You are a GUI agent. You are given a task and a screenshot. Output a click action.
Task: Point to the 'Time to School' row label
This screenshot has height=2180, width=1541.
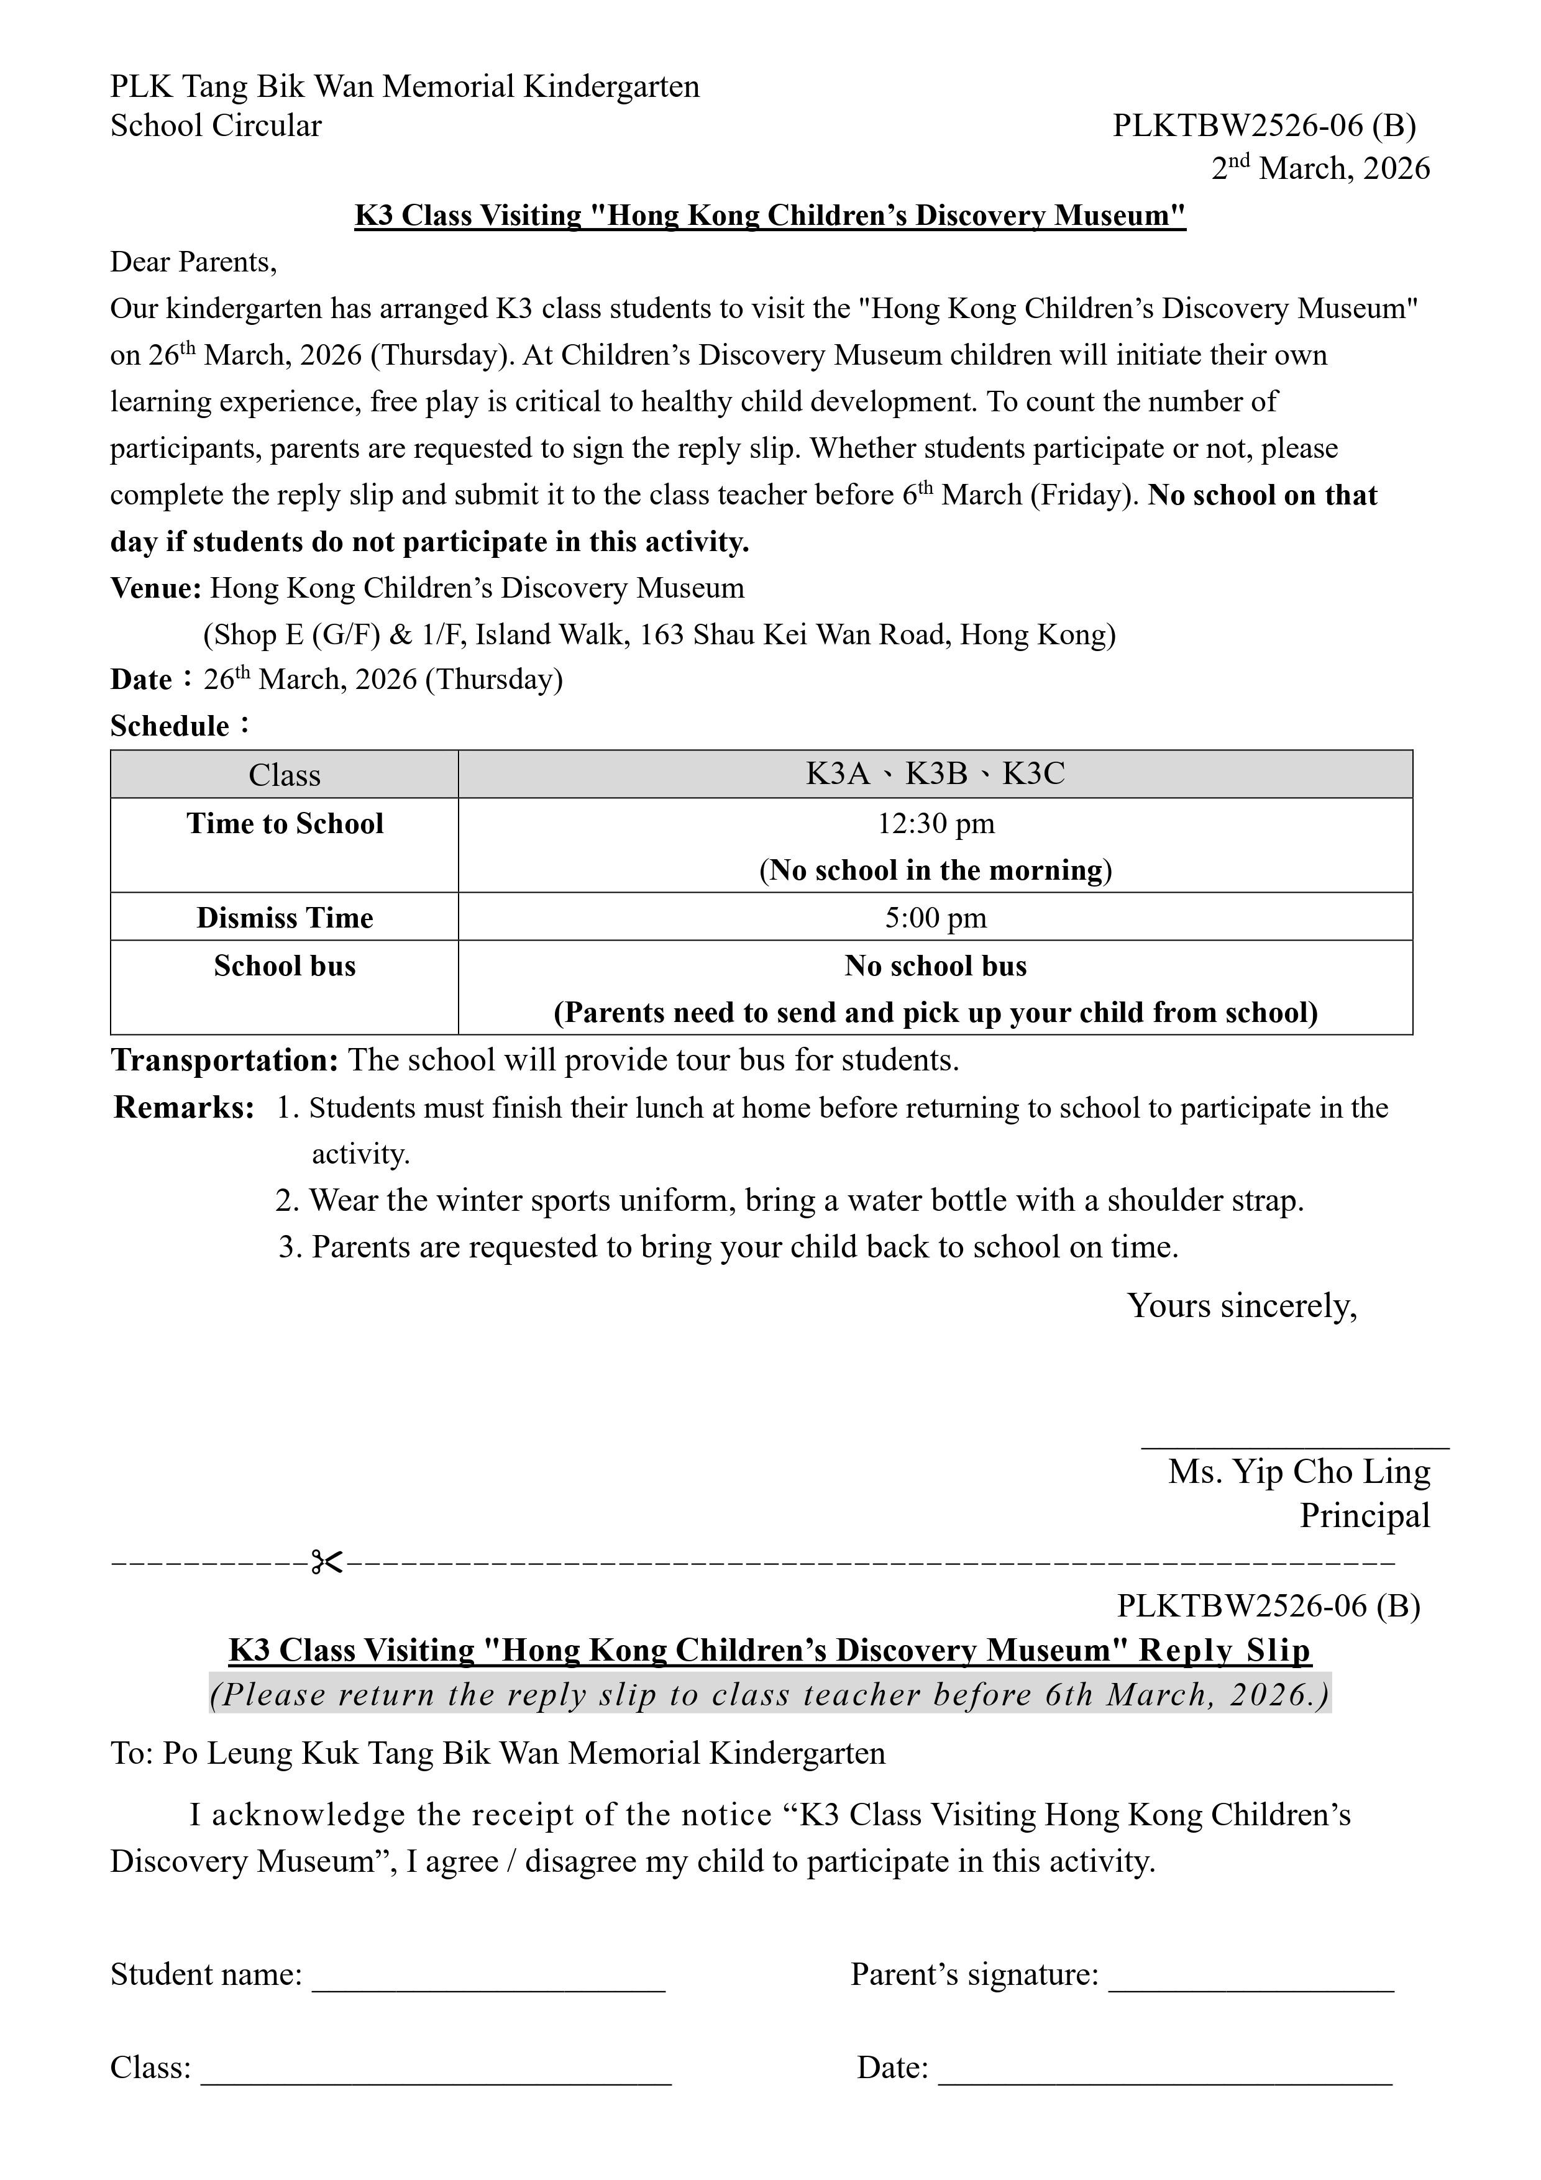pyautogui.click(x=285, y=823)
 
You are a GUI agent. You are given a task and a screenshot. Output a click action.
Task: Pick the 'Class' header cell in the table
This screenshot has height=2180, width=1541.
pyautogui.click(x=285, y=775)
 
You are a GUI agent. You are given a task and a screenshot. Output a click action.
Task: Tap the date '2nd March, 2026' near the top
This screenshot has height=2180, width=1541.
pyautogui.click(x=1320, y=169)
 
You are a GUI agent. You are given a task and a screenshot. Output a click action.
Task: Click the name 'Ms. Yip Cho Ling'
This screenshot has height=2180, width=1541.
pyautogui.click(x=1298, y=1472)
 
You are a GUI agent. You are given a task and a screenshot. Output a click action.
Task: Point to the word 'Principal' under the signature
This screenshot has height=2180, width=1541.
pyautogui.click(x=1365, y=1515)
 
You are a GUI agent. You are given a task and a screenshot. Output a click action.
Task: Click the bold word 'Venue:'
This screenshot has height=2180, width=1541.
pyautogui.click(x=156, y=589)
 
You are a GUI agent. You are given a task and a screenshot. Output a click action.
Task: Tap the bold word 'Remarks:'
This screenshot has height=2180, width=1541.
pyautogui.click(x=184, y=1107)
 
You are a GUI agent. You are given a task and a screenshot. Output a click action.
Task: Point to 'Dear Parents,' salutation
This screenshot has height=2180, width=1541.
pyautogui.click(x=194, y=262)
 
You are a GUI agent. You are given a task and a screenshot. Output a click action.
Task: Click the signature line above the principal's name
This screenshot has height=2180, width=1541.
pyautogui.click(x=1295, y=1447)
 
